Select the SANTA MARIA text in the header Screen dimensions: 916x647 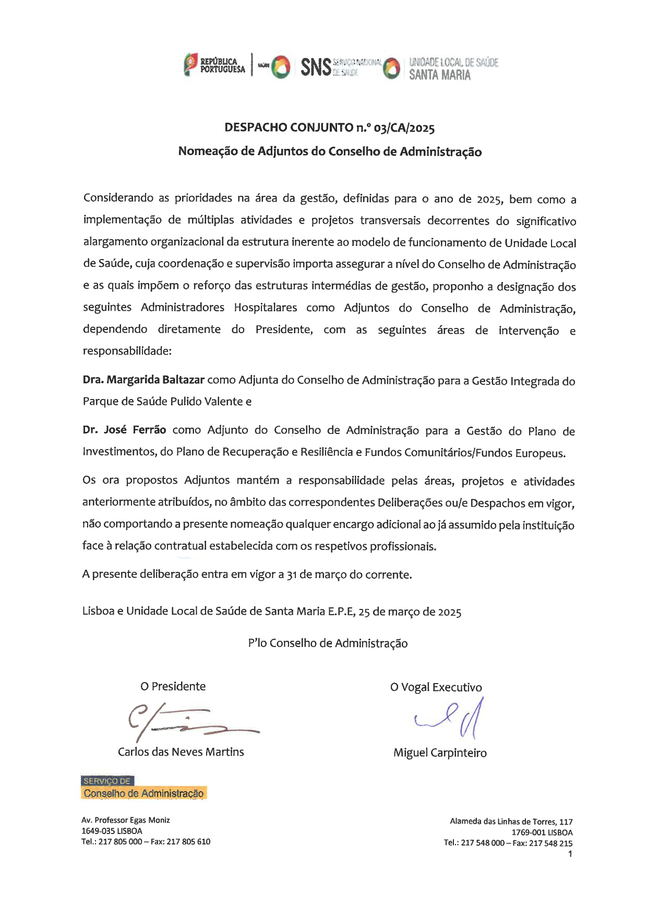[x=439, y=75]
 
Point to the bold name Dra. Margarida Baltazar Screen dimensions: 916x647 [x=143, y=380]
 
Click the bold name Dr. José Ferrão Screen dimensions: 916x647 [x=124, y=430]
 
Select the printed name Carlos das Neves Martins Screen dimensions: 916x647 [x=181, y=751]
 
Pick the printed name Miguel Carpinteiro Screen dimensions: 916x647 [x=440, y=753]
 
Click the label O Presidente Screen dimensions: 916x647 [x=173, y=686]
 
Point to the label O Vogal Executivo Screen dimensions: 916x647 [x=436, y=687]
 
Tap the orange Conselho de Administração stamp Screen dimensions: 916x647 [x=143, y=793]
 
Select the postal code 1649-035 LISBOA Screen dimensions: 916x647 [x=112, y=831]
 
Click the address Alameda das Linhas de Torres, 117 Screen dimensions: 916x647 [x=511, y=821]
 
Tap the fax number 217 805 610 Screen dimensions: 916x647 [x=188, y=841]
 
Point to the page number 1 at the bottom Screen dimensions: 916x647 [x=570, y=854]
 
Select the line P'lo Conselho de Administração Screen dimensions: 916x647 [x=328, y=643]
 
